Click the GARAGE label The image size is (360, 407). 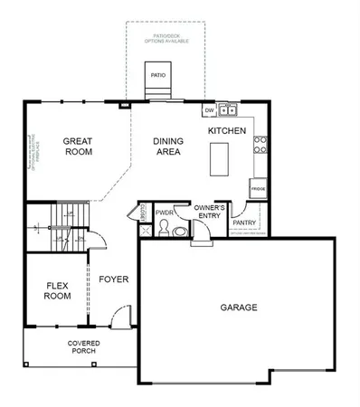tap(239, 308)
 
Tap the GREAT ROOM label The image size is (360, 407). tap(80, 147)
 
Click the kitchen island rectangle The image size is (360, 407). tap(220, 159)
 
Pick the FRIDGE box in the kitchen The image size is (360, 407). tap(258, 190)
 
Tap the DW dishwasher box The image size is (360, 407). tap(208, 110)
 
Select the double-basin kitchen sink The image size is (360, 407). tap(228, 110)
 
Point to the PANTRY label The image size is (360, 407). tap(244, 222)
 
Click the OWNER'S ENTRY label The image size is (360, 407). tap(209, 213)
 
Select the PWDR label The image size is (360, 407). tap(164, 214)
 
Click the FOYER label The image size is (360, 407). tap(113, 279)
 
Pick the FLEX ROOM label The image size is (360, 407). tap(58, 290)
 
